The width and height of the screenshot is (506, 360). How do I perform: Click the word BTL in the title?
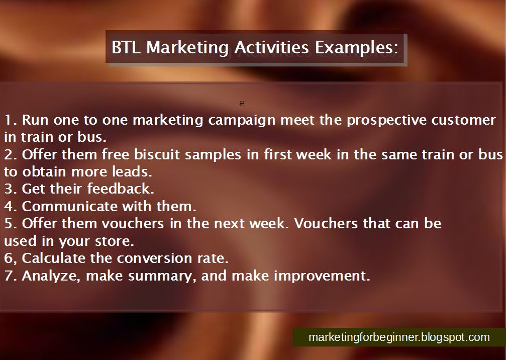pos(126,47)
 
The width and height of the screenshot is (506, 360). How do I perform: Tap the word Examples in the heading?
pos(356,48)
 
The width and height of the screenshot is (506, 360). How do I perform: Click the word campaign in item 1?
pos(242,121)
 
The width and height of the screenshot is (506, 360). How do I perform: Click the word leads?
pos(132,171)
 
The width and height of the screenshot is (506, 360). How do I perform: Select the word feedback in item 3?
pos(121,189)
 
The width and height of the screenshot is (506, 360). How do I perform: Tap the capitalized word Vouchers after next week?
pos(326,224)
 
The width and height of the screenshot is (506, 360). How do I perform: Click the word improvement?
pos(322,276)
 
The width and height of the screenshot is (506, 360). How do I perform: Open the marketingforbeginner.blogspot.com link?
pos(399,337)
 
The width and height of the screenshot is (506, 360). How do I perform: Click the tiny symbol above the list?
pos(242,104)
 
